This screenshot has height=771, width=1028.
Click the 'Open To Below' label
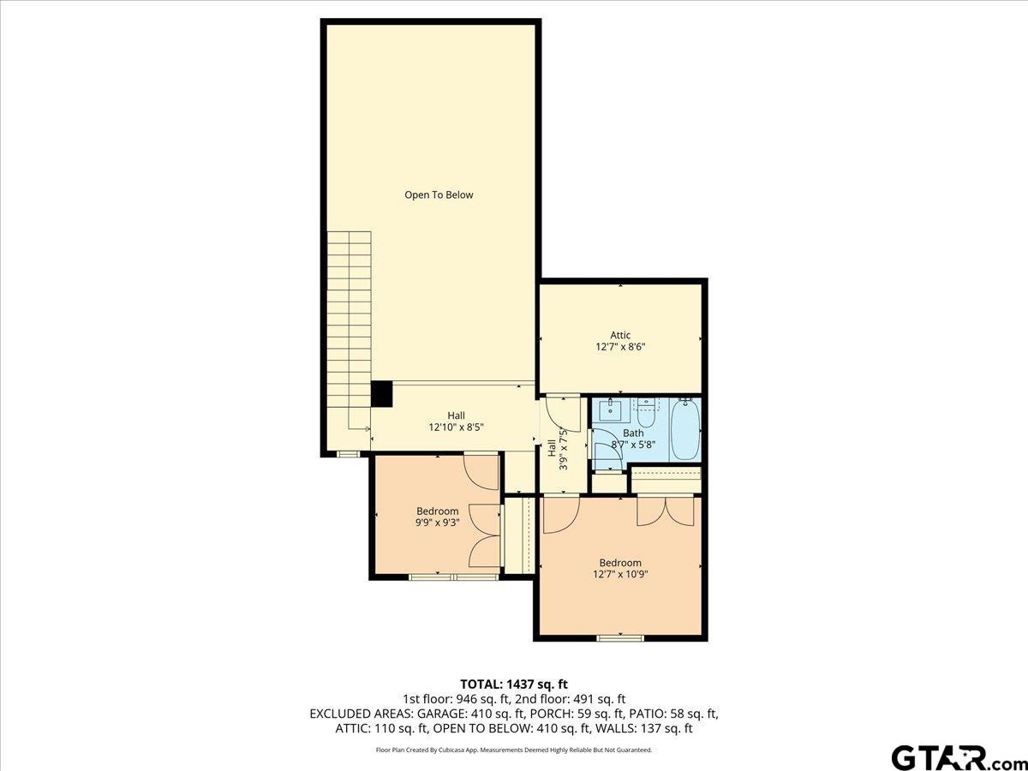pyautogui.click(x=439, y=194)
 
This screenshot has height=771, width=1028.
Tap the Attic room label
pyautogui.click(x=620, y=335)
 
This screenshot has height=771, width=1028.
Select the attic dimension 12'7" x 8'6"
pyautogui.click(x=620, y=348)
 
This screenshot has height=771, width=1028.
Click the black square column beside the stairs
pyautogui.click(x=381, y=394)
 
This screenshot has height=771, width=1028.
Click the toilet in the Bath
pyautogui.click(x=645, y=412)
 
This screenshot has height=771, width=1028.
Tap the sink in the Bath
pyautogui.click(x=611, y=409)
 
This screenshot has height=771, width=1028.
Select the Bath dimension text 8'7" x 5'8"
pyautogui.click(x=633, y=445)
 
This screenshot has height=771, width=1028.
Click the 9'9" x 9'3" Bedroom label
pyautogui.click(x=437, y=517)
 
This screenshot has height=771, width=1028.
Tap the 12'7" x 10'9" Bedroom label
pyautogui.click(x=620, y=569)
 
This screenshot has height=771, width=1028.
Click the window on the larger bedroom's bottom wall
pyautogui.click(x=620, y=637)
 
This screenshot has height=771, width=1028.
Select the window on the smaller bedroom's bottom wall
pyautogui.click(x=453, y=577)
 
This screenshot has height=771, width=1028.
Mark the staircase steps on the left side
pyautogui.click(x=349, y=326)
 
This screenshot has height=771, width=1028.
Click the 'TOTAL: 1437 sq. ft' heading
pyautogui.click(x=514, y=684)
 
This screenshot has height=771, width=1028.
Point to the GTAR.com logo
pyautogui.click(x=951, y=756)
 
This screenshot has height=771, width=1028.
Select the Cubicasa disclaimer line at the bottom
pyautogui.click(x=514, y=750)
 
